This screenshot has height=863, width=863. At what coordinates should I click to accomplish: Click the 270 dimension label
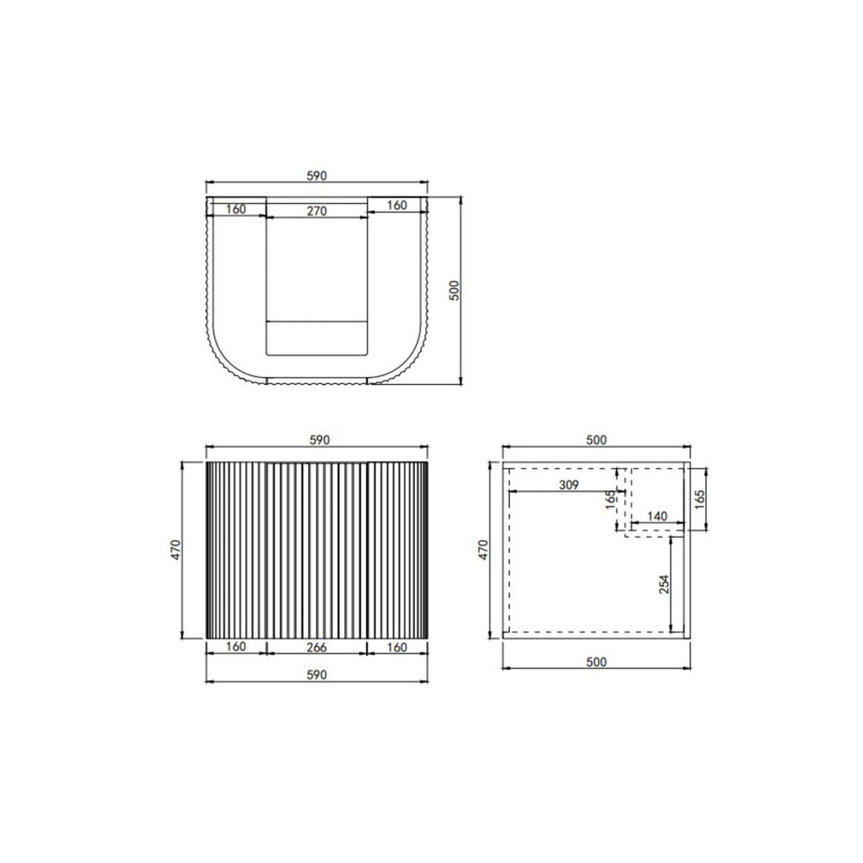pos(317,211)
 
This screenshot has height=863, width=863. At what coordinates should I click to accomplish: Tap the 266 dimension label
pos(317,647)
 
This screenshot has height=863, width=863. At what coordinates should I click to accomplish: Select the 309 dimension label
pos(569,485)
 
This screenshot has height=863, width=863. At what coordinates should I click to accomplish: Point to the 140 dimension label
pos(657,516)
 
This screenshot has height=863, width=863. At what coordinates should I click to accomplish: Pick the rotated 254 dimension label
pos(665,584)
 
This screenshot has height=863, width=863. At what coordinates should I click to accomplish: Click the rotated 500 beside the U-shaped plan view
pos(454,290)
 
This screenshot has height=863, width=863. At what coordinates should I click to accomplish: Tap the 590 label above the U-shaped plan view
pos(317,175)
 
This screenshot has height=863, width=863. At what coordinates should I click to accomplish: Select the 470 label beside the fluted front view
pos(175,550)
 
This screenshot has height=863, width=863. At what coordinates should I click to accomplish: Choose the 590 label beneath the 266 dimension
pos(317,675)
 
